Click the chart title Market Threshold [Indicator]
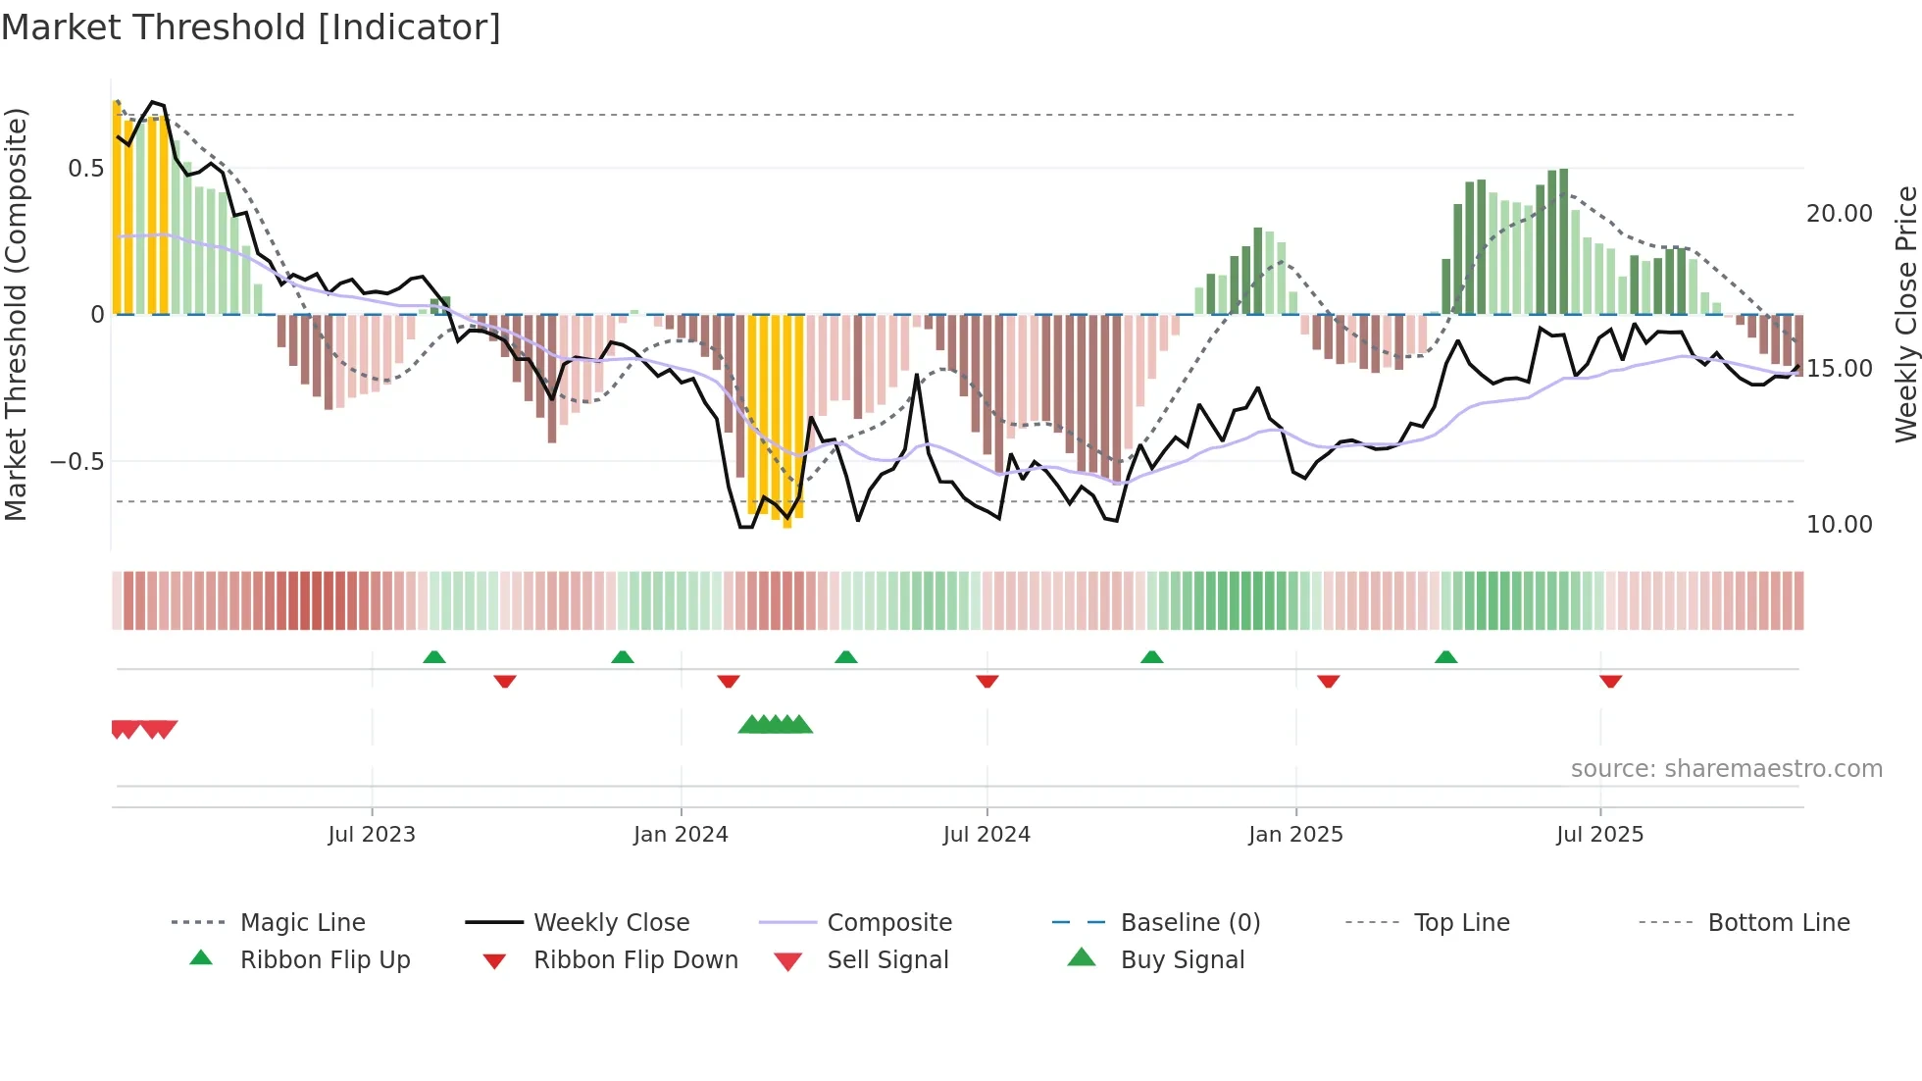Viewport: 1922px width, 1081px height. (x=251, y=27)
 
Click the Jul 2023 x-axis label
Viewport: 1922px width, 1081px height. (x=372, y=834)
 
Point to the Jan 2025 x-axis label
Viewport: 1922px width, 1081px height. (x=1295, y=834)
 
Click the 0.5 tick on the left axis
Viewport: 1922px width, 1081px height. (x=86, y=168)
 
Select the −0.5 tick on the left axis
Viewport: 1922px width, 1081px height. (x=77, y=461)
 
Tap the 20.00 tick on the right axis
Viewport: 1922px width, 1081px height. (x=1839, y=214)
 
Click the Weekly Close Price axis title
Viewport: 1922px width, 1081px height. (x=1905, y=314)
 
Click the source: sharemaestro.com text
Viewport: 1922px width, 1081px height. (x=1726, y=768)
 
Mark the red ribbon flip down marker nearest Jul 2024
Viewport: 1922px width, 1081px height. (x=987, y=681)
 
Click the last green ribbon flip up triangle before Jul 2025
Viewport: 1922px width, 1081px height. (x=1445, y=657)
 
